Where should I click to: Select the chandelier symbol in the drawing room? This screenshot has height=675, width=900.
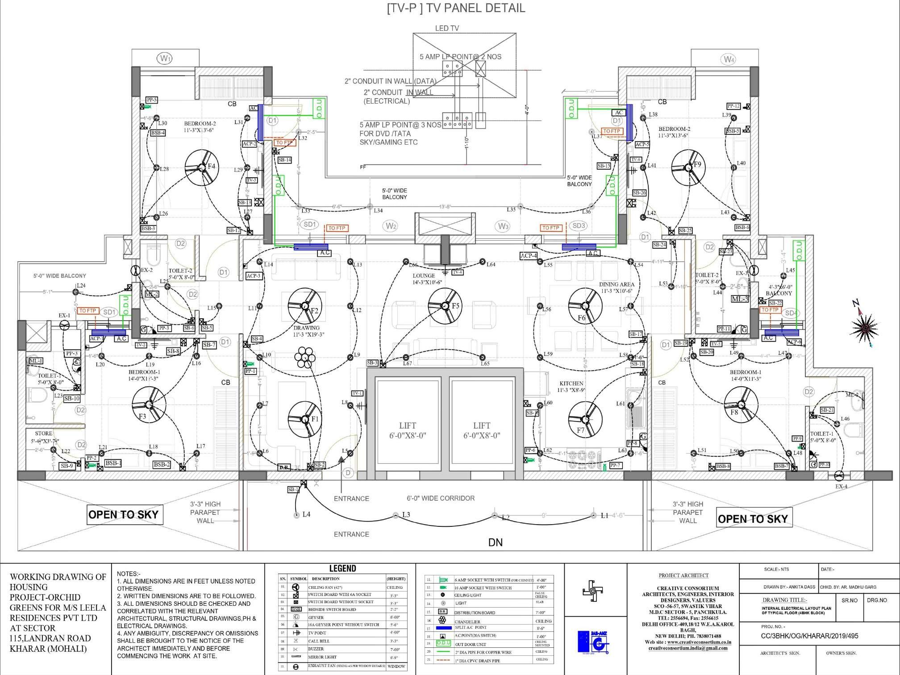(x=305, y=358)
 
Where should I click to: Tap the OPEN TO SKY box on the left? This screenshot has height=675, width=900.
(x=123, y=514)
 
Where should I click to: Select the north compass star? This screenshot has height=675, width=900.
(x=866, y=327)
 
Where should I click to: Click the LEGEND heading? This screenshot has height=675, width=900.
(x=342, y=568)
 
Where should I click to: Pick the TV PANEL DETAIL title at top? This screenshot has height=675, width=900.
(x=456, y=8)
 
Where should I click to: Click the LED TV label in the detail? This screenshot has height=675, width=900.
(x=447, y=28)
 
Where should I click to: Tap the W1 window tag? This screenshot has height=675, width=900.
(x=165, y=58)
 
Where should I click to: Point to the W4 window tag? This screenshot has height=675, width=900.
(x=729, y=59)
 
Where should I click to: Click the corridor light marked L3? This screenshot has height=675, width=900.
(x=396, y=515)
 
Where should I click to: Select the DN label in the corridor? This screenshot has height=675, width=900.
(x=495, y=542)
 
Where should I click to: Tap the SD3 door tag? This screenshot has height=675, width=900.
(x=579, y=225)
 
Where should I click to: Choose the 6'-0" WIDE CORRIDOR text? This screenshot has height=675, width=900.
(x=440, y=498)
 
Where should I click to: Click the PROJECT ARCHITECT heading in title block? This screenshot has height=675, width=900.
(x=683, y=575)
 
